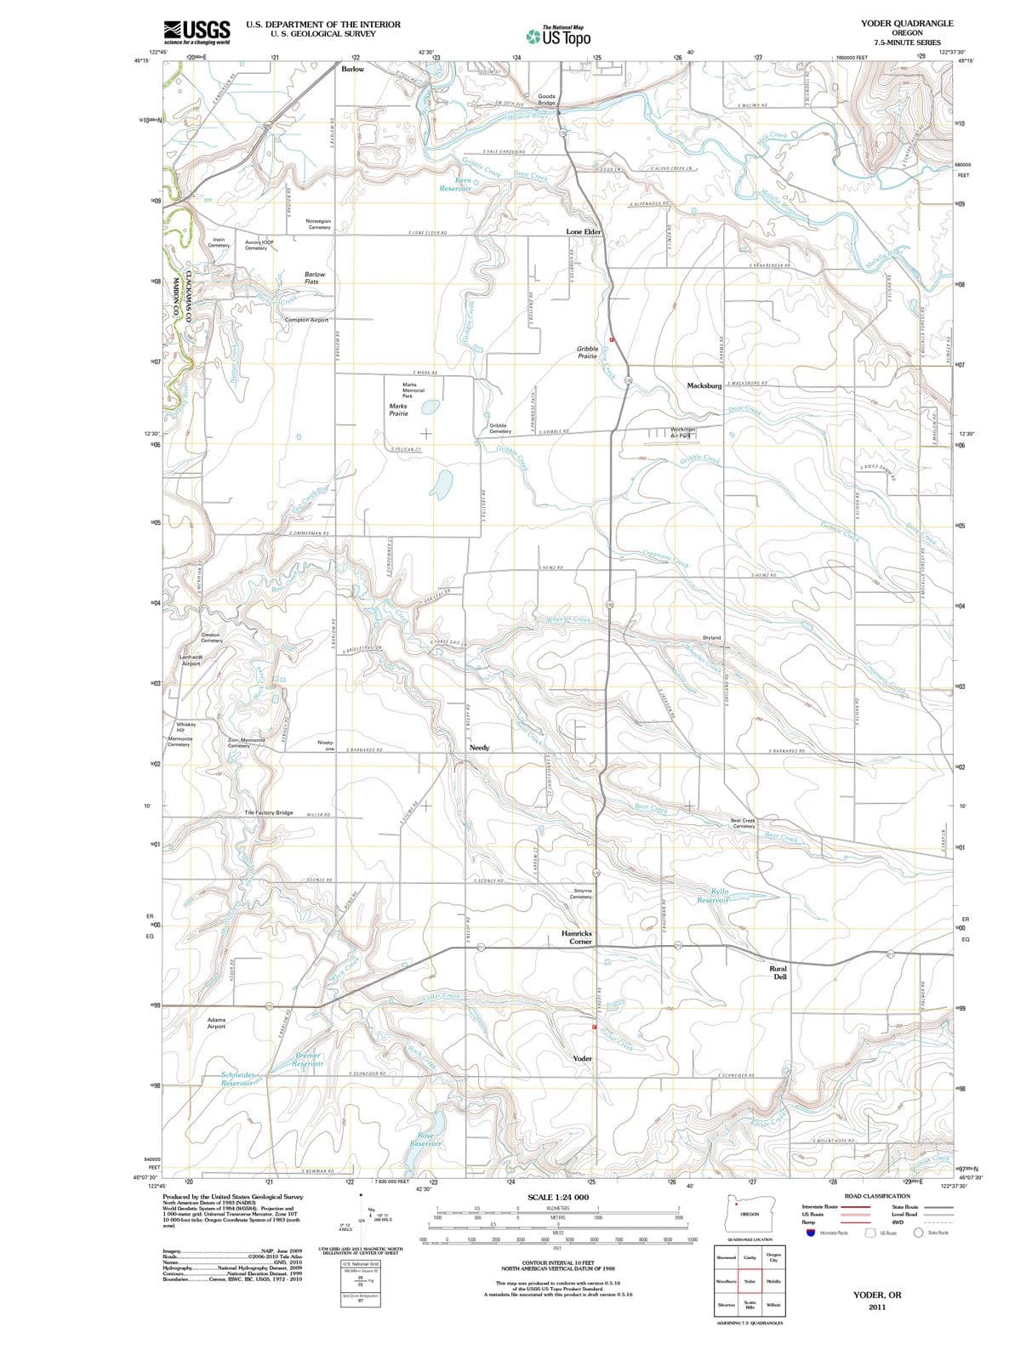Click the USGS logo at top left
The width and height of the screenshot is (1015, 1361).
click(197, 31)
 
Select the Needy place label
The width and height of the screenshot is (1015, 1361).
click(479, 747)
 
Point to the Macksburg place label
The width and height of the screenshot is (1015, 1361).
click(704, 385)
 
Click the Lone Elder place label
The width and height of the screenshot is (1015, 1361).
click(584, 231)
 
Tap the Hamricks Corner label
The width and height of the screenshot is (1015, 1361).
click(577, 937)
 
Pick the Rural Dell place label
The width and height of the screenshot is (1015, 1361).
click(778, 972)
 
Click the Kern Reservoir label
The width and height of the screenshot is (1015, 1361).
click(457, 185)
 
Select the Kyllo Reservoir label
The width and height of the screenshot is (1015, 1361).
click(713, 895)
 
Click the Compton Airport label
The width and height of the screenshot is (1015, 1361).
click(306, 320)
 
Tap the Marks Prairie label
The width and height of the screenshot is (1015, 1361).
click(398, 410)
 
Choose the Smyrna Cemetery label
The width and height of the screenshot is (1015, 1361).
click(582, 894)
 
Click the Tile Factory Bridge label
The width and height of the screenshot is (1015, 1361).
click(269, 812)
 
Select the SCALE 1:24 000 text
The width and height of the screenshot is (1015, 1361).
click(558, 1197)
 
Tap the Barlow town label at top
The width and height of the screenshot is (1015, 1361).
click(353, 68)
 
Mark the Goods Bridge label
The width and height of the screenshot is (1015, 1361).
click(547, 100)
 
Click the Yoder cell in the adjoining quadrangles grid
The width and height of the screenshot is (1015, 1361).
click(750, 1281)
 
